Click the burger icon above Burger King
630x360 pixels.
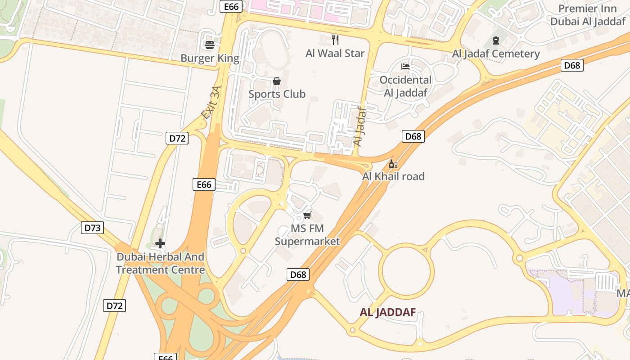[x=210, y=45]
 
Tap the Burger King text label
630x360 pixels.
[x=210, y=58]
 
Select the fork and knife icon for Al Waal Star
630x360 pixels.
[x=335, y=40]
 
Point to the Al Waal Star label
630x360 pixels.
[x=335, y=53]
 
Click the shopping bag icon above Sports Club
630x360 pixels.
[x=277, y=81]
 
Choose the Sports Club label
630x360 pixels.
[x=277, y=94]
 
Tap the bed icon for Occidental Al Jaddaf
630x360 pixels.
[x=405, y=67]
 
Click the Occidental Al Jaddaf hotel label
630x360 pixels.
[x=405, y=86]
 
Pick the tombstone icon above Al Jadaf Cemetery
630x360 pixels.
[x=496, y=40]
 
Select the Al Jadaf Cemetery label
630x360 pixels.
[x=496, y=54]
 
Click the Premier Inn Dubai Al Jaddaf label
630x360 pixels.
[x=588, y=15]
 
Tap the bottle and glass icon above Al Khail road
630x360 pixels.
[x=393, y=164]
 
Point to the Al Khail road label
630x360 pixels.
[x=393, y=176]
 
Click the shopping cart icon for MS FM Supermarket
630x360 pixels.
[x=307, y=215]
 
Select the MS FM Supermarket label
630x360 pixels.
[x=307, y=235]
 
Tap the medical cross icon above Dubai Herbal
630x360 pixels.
[x=160, y=244]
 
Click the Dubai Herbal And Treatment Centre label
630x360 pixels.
[x=160, y=263]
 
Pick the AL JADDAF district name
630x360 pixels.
[x=387, y=312]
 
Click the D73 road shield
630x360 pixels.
[x=93, y=228]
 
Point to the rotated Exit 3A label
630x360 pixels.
[x=211, y=103]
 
